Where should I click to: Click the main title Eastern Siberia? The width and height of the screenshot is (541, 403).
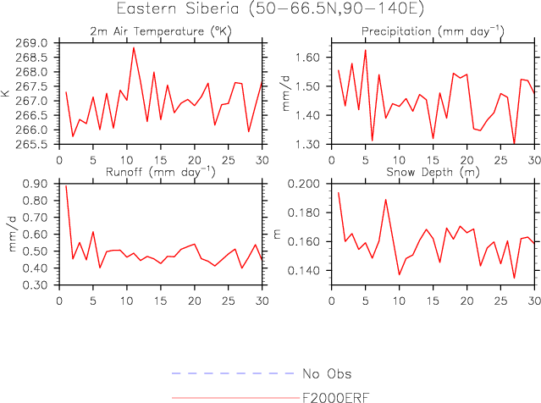tap(270, 10)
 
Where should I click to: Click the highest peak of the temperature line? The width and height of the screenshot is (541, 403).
tap(134, 47)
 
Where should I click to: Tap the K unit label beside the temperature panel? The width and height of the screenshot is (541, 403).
tap(7, 93)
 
